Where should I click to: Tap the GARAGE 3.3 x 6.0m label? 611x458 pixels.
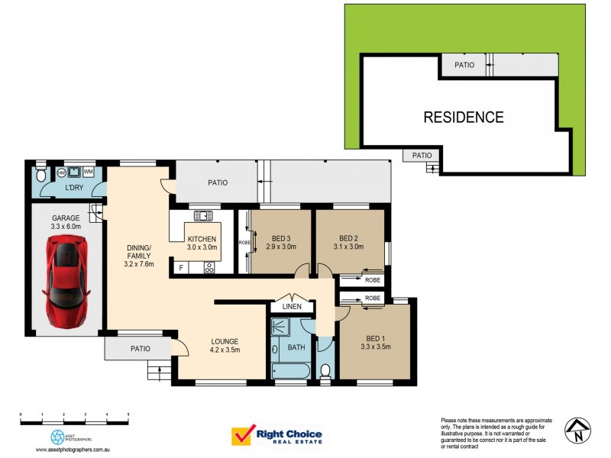[x=66, y=221]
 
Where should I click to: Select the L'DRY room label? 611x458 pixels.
[x=74, y=188]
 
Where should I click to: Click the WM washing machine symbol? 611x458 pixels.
[x=89, y=172]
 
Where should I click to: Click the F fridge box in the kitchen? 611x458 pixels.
[x=180, y=268]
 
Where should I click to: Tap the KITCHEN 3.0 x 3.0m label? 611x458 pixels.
[x=202, y=243]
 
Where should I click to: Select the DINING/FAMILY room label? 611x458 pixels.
[x=140, y=256]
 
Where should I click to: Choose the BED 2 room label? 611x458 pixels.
[x=349, y=241]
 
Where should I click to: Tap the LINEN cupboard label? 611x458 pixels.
[x=292, y=307]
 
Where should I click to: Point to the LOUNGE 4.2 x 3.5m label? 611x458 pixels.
[x=225, y=346]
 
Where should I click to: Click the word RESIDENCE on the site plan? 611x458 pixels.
[x=464, y=118]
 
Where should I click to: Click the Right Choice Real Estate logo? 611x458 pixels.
[x=276, y=436]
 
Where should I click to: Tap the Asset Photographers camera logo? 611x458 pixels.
[x=57, y=437]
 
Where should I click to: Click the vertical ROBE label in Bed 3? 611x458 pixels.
[x=244, y=242]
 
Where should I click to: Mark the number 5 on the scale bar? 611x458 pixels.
[x=128, y=413]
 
